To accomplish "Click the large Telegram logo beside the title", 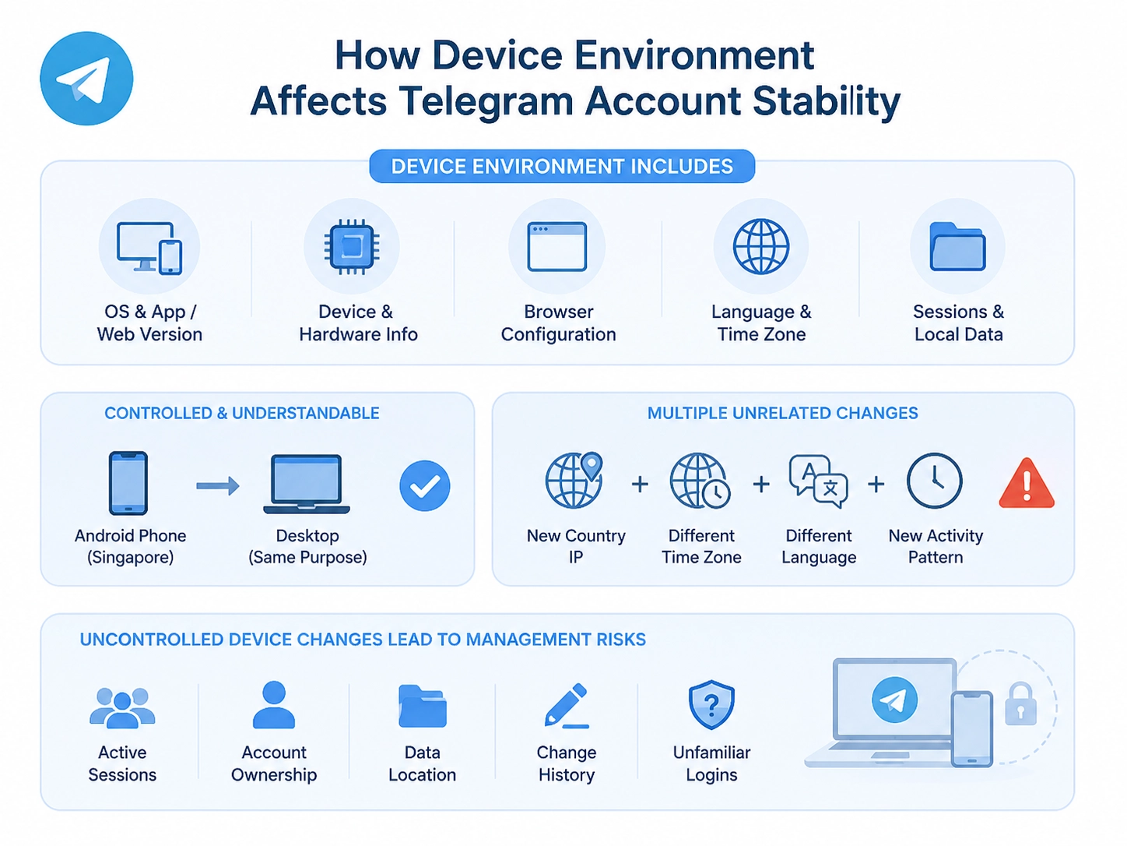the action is click(86, 78).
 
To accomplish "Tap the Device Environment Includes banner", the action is click(562, 166).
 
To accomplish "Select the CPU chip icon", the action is click(352, 247).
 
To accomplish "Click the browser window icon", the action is click(557, 247).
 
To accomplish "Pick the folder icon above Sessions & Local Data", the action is click(957, 247).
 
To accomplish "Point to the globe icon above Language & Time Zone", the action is click(761, 247).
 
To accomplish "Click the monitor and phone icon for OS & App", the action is click(149, 248).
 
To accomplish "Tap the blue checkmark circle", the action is click(425, 485).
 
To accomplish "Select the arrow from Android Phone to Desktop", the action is click(218, 485).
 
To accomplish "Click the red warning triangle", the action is click(1027, 485).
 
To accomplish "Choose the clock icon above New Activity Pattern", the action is click(935, 481).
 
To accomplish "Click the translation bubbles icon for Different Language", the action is click(819, 481).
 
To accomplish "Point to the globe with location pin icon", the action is click(574, 481).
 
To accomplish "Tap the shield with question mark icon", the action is click(711, 705).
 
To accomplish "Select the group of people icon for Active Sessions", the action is click(122, 708).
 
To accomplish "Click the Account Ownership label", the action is click(274, 763).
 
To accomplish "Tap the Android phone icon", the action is click(128, 483).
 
